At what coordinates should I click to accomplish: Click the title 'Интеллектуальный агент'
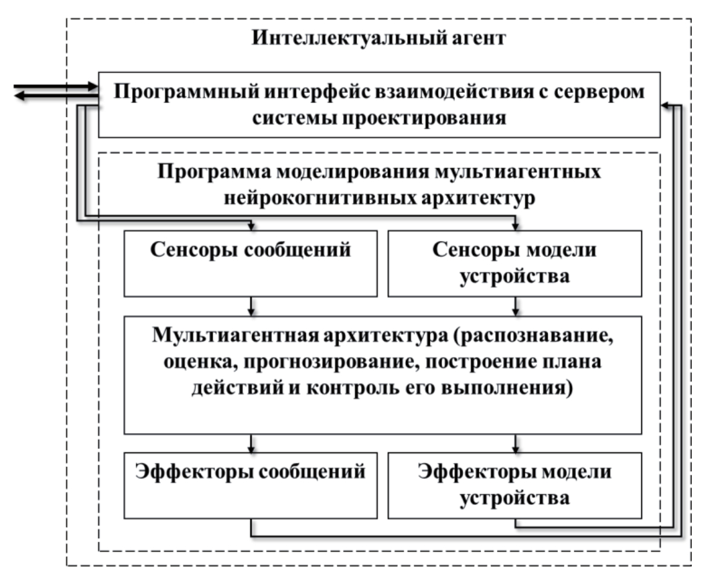[x=378, y=40]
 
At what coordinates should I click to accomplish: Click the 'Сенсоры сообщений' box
[x=250, y=263]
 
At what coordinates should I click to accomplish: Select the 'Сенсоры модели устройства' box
[x=514, y=263]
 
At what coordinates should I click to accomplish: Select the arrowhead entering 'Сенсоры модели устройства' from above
[x=515, y=226]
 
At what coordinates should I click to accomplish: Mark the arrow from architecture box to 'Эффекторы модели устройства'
[x=515, y=444]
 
